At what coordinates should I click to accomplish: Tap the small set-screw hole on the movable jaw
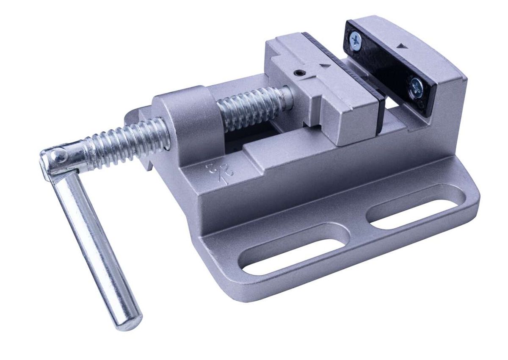tap(300, 73)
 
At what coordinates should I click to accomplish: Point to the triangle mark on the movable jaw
tap(325, 65)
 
